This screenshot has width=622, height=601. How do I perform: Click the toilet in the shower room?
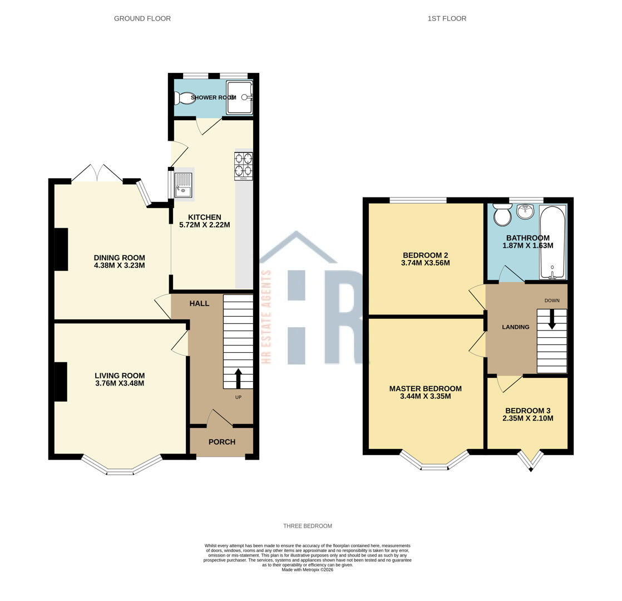coord(183,98)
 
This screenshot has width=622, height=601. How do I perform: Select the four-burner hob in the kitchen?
coord(244,165)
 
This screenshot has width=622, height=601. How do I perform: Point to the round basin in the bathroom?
coord(525,211)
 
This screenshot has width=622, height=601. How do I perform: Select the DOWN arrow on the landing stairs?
coord(552,319)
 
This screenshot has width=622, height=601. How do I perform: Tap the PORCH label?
coord(222,442)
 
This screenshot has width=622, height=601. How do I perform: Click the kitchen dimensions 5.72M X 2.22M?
coord(204,225)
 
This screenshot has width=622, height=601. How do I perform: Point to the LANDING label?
coord(515,327)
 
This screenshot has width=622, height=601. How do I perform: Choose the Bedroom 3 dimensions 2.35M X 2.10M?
coord(528,418)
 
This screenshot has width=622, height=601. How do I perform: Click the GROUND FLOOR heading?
coord(142,18)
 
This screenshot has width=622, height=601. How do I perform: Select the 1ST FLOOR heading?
coord(447,18)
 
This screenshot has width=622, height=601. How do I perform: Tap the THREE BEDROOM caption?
coord(307,526)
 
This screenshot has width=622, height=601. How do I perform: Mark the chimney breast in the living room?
coord(61,381)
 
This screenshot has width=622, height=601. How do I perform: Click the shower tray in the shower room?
coord(240,97)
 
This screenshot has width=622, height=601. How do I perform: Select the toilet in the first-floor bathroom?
coord(502,215)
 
